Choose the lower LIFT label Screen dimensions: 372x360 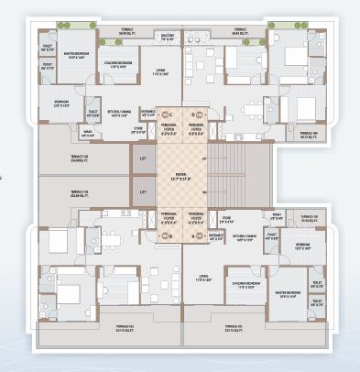(x=142, y=191)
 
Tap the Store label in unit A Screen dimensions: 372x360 (x=226, y=219)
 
